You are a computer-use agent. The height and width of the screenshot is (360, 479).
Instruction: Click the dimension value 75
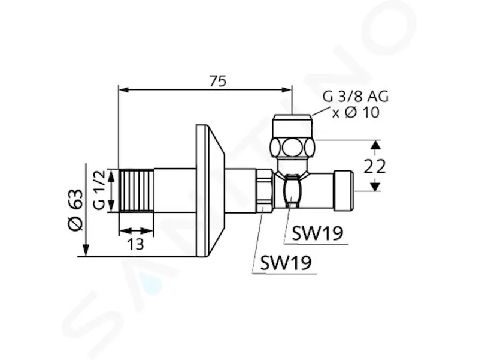tap(218, 82)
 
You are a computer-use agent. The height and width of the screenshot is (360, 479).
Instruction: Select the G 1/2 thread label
tap(99, 190)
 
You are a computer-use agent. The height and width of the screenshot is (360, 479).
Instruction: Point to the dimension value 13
tap(135, 244)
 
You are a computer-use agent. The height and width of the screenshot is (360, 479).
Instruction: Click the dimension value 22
tap(375, 166)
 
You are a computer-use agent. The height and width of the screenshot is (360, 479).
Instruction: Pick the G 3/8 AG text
tap(356, 97)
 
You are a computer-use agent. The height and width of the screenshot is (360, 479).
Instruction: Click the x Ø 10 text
tap(356, 112)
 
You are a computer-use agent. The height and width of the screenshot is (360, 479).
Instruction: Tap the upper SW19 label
tap(317, 234)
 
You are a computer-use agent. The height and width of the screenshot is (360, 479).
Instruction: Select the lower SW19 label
tap(286, 263)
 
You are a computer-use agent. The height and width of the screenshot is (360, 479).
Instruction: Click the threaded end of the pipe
tap(137, 190)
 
